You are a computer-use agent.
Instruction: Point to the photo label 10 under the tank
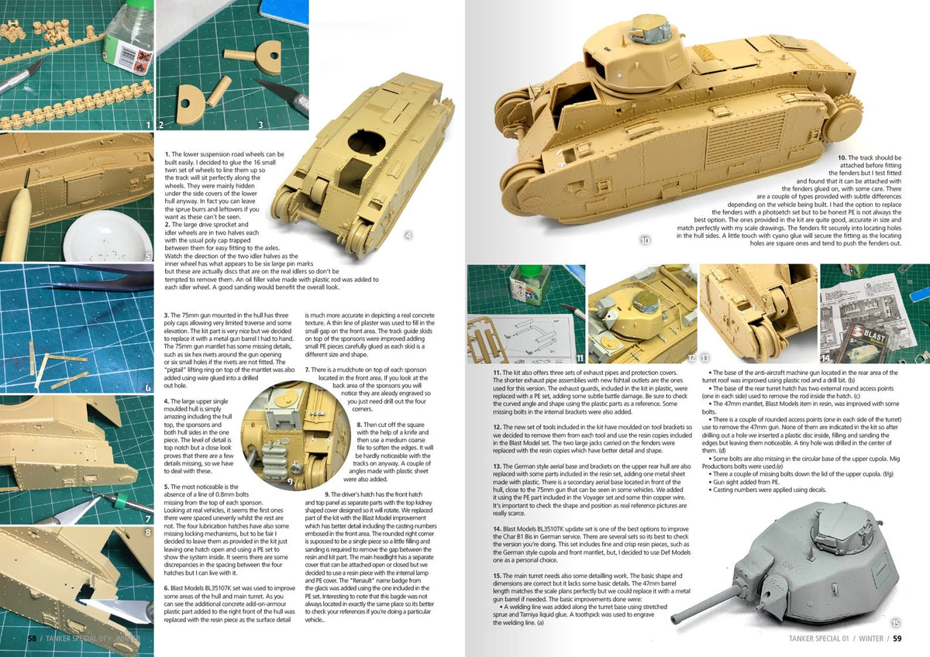646,241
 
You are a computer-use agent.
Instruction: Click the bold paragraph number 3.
167,315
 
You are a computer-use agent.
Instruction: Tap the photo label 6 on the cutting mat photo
147,387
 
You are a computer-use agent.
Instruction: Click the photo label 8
147,533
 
